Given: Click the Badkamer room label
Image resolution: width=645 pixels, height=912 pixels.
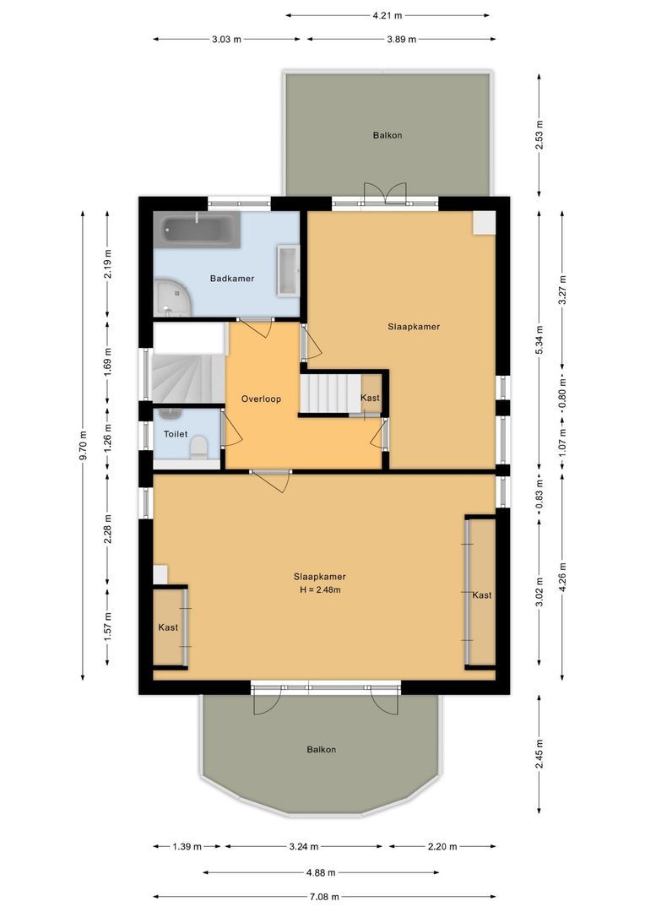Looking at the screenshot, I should [x=231, y=278].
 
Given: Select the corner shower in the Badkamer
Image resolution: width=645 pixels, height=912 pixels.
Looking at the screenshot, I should [x=173, y=297].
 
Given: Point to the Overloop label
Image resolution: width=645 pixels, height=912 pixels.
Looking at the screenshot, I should [x=260, y=399].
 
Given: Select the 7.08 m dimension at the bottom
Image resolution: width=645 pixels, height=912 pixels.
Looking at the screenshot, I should [x=324, y=897].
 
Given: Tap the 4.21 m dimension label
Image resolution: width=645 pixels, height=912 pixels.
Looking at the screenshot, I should [x=388, y=14].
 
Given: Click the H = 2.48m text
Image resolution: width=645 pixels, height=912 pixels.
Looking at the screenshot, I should [x=319, y=589].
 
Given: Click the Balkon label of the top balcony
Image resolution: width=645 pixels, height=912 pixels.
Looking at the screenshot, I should [x=388, y=135].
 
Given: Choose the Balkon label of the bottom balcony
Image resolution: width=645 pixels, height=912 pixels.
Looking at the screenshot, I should [x=321, y=749].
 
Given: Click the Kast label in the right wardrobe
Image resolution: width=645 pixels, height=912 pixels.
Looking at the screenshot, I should [x=482, y=595].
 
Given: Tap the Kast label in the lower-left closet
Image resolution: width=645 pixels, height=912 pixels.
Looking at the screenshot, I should [x=168, y=627].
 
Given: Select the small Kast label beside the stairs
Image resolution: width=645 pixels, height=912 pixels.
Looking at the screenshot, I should [x=370, y=398].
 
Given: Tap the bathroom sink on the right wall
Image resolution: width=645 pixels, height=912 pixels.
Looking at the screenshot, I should [x=288, y=270].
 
